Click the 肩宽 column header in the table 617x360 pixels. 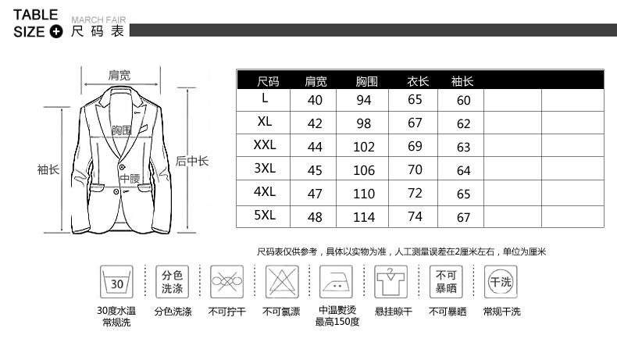pos(316,81)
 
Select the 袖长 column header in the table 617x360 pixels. pos(462,81)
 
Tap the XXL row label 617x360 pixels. pos(266,146)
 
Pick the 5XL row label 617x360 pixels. pos(266,216)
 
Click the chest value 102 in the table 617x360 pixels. pos(364,147)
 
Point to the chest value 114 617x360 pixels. pos(364,216)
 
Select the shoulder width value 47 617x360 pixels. pos(315,193)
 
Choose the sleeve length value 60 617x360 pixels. pos(464,100)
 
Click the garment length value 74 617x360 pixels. pos(415,216)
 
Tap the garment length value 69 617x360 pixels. pos(415,147)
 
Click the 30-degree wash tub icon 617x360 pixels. pos(116,281)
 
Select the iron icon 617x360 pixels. pos(337,280)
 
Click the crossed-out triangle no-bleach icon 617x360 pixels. pos(282,280)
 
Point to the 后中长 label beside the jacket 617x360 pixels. pos(191,161)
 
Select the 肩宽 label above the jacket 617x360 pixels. pos(119,75)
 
